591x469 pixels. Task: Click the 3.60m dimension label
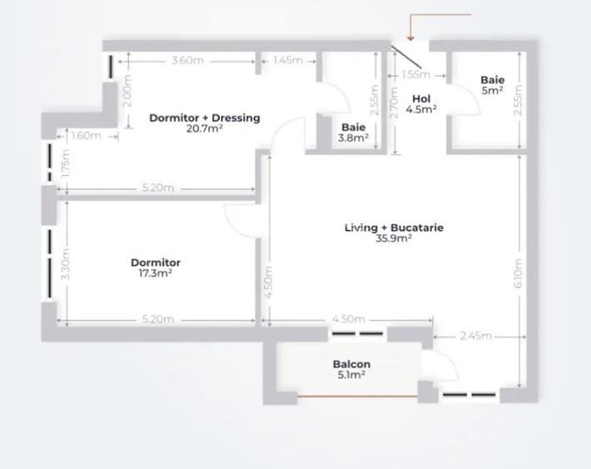(187, 61)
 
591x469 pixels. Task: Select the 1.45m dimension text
(287, 61)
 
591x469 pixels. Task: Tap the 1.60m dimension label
(86, 136)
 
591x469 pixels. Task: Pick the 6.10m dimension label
(519, 273)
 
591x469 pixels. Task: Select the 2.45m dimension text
(475, 337)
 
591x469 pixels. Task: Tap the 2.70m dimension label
(395, 102)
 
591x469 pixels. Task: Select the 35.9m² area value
(394, 238)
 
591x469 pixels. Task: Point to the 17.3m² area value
(156, 273)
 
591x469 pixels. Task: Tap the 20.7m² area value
(204, 128)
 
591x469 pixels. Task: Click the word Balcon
(351, 364)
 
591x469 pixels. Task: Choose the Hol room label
(421, 98)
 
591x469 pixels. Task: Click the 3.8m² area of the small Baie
(354, 138)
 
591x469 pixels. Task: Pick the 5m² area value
(492, 91)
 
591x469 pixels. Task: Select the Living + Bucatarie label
(394, 227)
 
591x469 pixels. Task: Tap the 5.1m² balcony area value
(351, 375)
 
